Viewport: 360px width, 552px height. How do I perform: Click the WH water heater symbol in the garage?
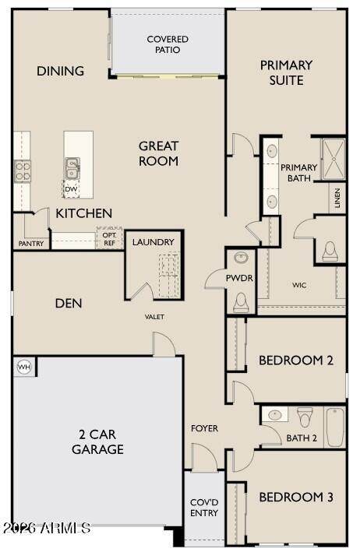tap(24, 367)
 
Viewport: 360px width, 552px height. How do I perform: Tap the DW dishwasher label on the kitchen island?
tap(71, 189)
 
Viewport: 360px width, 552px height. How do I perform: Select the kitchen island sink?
tap(72, 168)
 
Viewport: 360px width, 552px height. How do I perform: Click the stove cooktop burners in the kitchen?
tap(22, 171)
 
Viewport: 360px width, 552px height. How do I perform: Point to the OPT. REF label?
tap(110, 239)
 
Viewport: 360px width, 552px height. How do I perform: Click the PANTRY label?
tap(31, 244)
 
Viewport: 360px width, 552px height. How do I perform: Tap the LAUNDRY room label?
tap(154, 242)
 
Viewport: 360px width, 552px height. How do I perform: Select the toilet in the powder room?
tap(241, 303)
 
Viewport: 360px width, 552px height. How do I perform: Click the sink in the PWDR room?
tap(242, 258)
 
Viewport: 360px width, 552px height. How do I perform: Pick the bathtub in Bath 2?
tap(334, 427)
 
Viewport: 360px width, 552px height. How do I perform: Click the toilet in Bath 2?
tap(305, 417)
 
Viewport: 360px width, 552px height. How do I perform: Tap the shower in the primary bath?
tap(334, 160)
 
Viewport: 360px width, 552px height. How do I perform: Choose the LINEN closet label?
tap(337, 198)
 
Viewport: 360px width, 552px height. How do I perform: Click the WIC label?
tap(299, 285)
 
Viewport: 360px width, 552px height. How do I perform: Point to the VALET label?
tap(154, 317)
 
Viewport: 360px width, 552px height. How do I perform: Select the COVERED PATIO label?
tap(168, 44)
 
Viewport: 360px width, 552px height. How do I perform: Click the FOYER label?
tap(204, 428)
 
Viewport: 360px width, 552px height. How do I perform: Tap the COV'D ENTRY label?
tap(204, 508)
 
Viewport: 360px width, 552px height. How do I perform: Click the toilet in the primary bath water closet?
tap(330, 251)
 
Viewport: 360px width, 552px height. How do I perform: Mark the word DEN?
tap(69, 304)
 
